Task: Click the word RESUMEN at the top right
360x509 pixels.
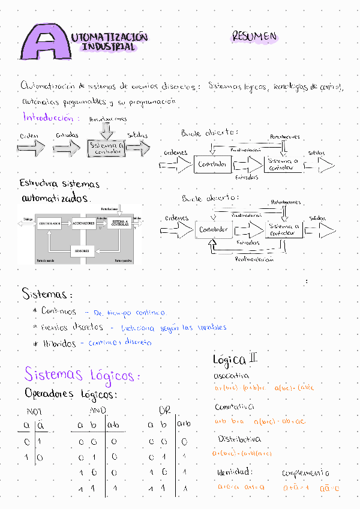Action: click(254, 37)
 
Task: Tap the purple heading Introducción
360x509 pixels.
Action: click(50, 117)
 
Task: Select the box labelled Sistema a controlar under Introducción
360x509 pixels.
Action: click(106, 148)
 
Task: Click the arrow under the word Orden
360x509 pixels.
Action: click(31, 148)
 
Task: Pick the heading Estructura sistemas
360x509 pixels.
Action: click(59, 183)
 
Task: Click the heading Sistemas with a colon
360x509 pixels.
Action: click(47, 295)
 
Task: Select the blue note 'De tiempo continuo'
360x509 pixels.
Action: click(126, 312)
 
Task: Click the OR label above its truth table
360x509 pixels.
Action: click(165, 411)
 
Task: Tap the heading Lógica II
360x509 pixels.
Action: click(235, 360)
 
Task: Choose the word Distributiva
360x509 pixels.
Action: click(239, 439)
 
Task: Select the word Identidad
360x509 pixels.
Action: click(235, 472)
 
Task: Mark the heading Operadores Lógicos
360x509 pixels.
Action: click(71, 394)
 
